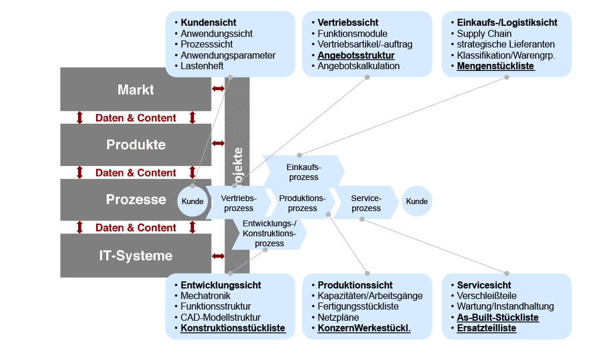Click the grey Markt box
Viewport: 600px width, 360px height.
[135, 90]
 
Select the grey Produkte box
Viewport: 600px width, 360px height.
[135, 144]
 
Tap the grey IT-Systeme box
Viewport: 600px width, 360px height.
[135, 256]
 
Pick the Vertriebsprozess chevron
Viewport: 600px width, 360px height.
[238, 202]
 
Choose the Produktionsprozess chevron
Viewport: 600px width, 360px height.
[302, 202]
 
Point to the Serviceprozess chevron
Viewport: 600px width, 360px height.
[366, 202]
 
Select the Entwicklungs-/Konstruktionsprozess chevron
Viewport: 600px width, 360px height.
[270, 233]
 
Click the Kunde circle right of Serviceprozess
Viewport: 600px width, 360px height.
[417, 201]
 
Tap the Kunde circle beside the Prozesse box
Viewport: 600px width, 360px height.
[193, 201]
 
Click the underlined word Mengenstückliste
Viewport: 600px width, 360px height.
[496, 66]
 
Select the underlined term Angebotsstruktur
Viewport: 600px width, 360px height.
[356, 56]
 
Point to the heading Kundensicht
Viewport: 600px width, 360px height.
[209, 23]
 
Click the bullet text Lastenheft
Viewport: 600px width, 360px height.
[202, 66]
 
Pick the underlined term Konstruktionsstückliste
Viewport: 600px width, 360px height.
[233, 328]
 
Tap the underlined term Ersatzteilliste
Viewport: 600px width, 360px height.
[486, 328]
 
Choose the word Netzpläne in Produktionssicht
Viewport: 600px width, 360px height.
[338, 317]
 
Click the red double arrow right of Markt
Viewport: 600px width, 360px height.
[218, 89]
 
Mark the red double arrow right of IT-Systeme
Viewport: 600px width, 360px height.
[218, 256]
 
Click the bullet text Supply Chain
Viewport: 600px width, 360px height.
[484, 34]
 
